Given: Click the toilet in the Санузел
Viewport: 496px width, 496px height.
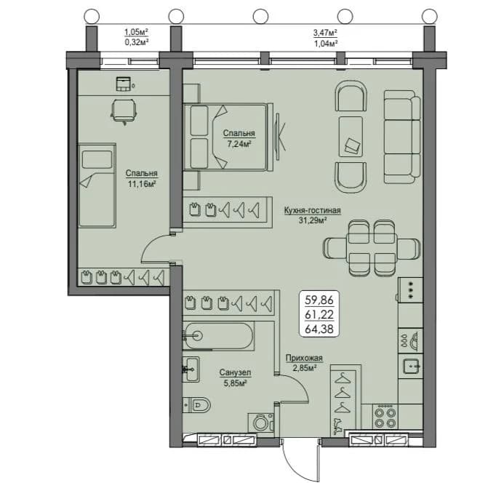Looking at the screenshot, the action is click(x=197, y=404).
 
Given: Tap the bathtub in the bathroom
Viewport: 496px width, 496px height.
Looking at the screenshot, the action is click(x=219, y=336).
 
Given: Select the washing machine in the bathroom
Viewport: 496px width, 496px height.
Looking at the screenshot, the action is click(x=260, y=422).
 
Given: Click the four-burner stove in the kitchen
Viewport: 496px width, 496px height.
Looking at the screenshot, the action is click(x=385, y=417).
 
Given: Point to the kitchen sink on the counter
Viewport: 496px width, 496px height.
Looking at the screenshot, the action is click(x=412, y=367).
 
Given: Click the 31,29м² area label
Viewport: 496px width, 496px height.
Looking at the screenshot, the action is click(x=313, y=220).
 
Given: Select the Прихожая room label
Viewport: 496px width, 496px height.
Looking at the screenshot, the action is click(x=304, y=358).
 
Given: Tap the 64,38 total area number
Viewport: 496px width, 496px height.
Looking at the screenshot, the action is click(x=319, y=329).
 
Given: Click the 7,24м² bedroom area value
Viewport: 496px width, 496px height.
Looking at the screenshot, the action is click(x=239, y=144).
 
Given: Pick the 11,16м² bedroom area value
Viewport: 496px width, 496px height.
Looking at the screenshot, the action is click(x=141, y=184).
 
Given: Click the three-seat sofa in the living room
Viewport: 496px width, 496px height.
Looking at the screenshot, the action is click(x=402, y=137).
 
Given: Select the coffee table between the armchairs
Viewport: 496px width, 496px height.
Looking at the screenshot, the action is click(x=351, y=137).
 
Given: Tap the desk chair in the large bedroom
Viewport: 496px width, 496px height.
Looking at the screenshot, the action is click(x=124, y=111).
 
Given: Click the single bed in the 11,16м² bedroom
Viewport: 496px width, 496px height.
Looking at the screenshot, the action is click(x=97, y=185).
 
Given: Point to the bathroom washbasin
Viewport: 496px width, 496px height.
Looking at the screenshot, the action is click(x=191, y=369).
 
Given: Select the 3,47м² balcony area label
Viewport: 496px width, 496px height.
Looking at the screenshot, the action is click(x=325, y=33).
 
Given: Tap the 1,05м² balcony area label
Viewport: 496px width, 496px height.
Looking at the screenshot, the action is click(x=136, y=32).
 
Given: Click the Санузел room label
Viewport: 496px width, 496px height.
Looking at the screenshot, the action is click(x=236, y=372).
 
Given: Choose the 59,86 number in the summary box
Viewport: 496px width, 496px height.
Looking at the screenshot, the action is click(x=319, y=300).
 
